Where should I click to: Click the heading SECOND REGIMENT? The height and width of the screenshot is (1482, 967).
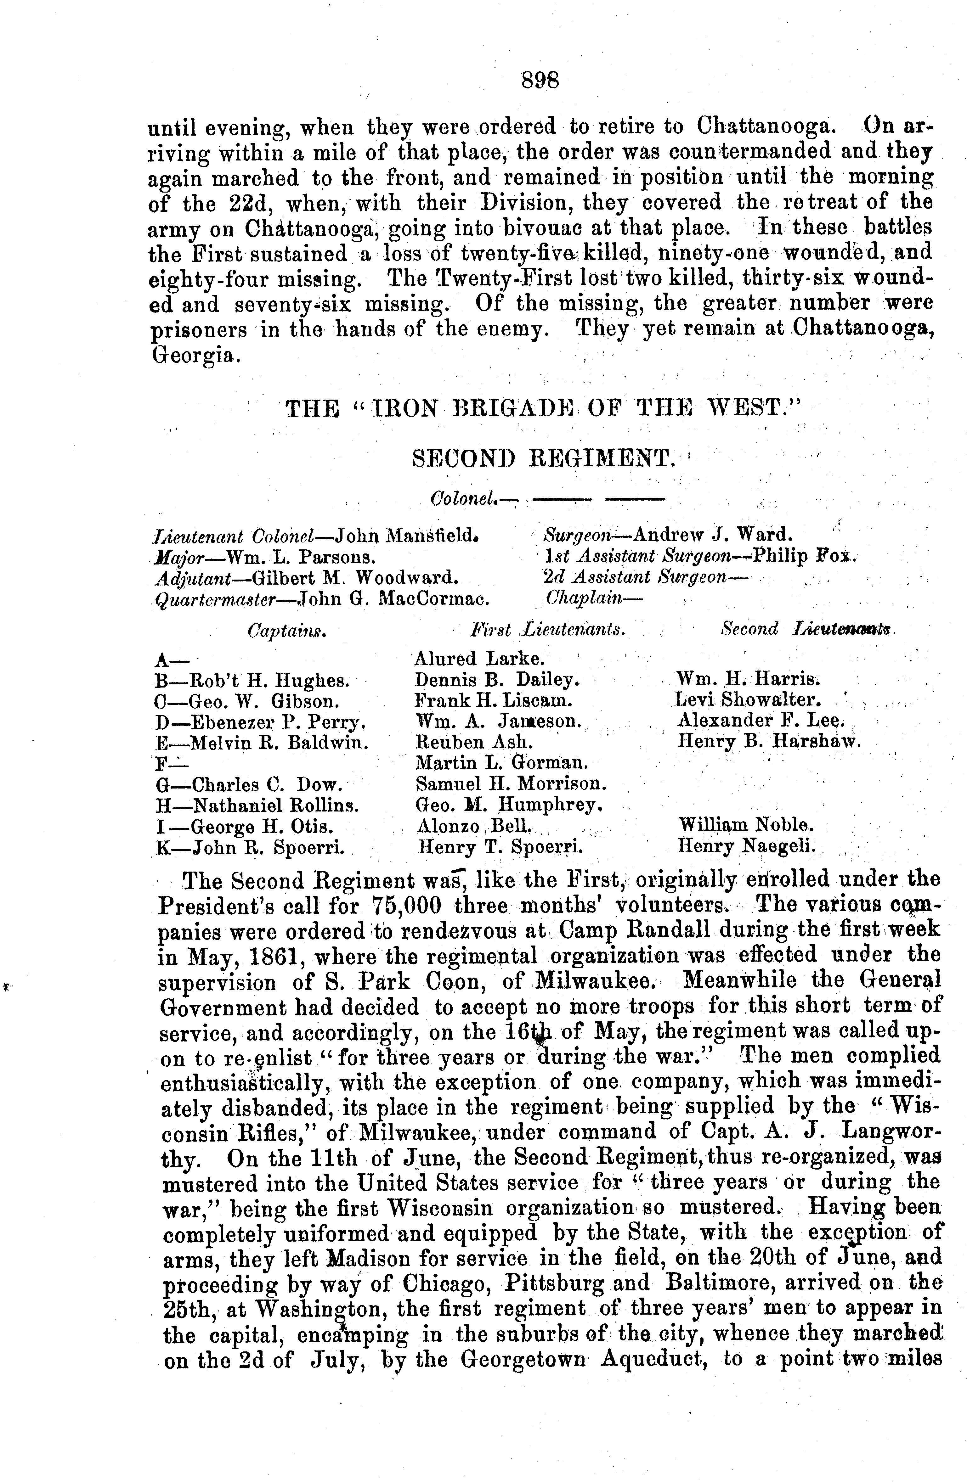[543, 459]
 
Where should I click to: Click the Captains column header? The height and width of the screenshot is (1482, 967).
[287, 631]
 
